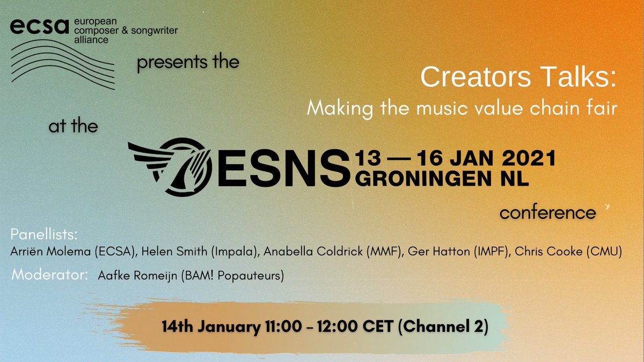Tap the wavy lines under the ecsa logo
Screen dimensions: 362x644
pos(63,64)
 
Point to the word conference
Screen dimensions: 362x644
pos(547,213)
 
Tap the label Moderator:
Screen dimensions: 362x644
pos(50,276)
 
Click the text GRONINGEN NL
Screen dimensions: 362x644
pos(442,180)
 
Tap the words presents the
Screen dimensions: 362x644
pos(188,63)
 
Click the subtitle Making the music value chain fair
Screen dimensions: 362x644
pos(463,109)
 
